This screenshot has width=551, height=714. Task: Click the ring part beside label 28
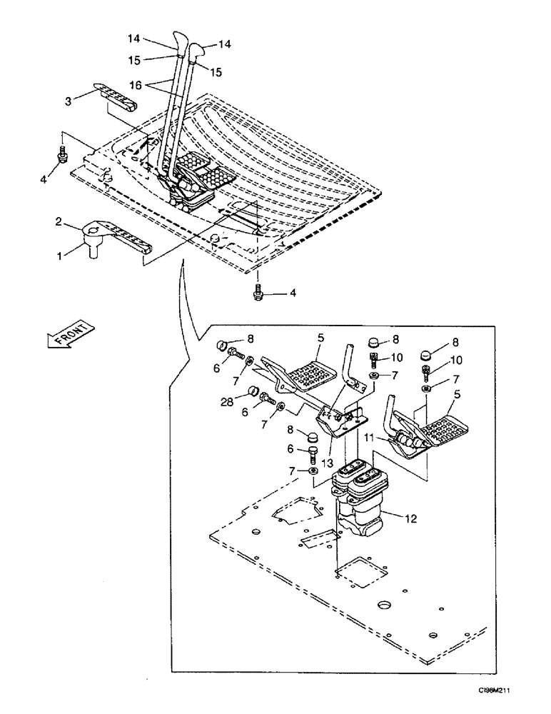point(251,391)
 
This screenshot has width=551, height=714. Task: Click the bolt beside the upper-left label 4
point(62,154)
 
